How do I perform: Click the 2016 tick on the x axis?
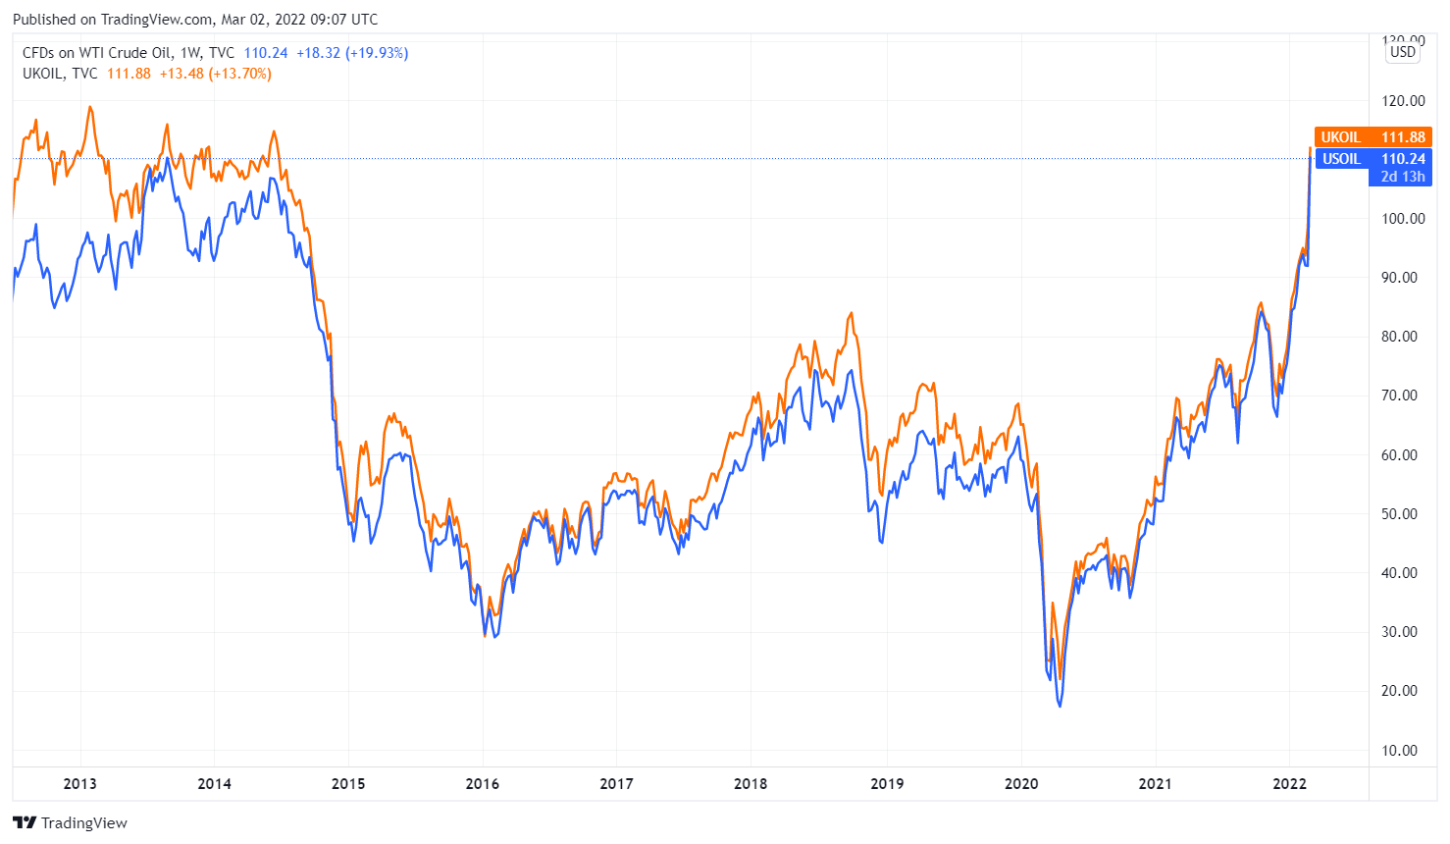[482, 783]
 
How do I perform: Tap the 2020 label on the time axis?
[1020, 783]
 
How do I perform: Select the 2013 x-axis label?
[79, 783]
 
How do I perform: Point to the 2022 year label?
[1289, 783]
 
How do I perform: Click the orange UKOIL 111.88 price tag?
[1372, 137]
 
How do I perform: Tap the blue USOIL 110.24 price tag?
[1372, 159]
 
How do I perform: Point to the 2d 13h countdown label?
[1402, 177]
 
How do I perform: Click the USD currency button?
[1403, 52]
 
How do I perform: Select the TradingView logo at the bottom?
[71, 822]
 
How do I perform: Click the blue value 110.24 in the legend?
[266, 53]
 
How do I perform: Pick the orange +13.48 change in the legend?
[181, 74]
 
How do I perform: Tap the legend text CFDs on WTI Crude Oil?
[97, 53]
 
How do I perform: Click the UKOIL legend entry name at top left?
[43, 74]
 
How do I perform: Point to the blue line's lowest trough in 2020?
[1060, 705]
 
